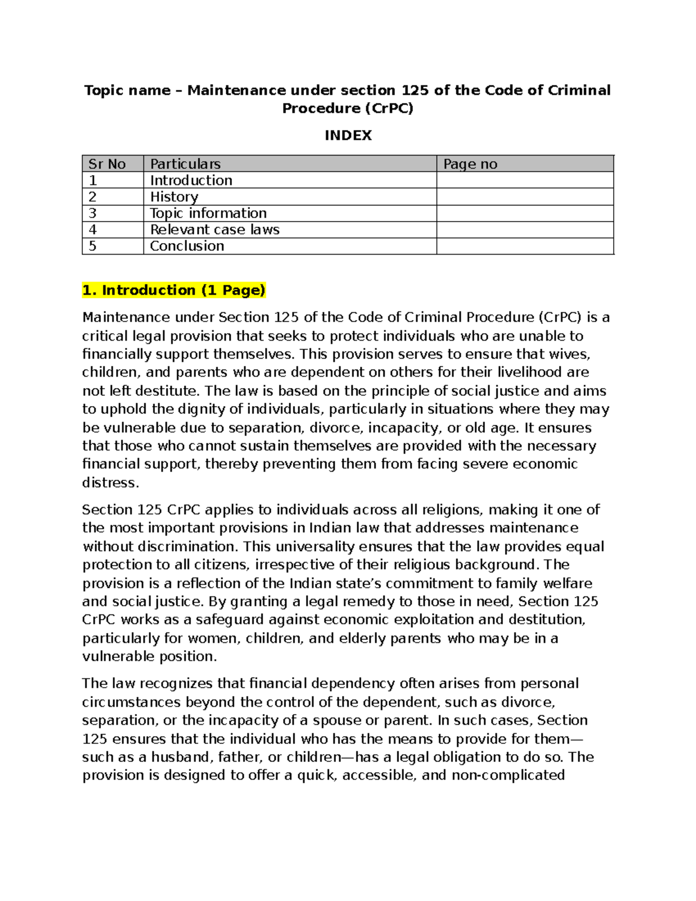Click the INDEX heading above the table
click(x=348, y=136)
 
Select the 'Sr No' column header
click(x=107, y=164)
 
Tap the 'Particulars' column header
click(x=185, y=164)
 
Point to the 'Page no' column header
click(x=470, y=164)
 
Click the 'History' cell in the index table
click(x=174, y=197)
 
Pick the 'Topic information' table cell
click(x=208, y=213)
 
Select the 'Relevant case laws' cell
click(x=215, y=230)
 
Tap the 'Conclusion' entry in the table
click(x=187, y=246)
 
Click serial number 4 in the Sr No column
click(x=92, y=230)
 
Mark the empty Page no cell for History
click(x=524, y=197)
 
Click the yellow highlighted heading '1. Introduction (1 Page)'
click(x=174, y=290)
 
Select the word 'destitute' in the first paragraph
click(x=165, y=391)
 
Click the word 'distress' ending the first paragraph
click(x=110, y=483)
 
